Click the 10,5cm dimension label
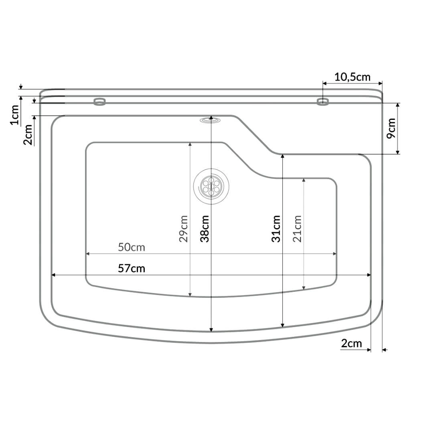tap(352, 77)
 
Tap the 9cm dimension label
tap(391, 128)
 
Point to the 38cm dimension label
tap(204, 229)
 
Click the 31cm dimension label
tap(276, 229)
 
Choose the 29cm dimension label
tap(183, 229)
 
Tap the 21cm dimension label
tap(297, 229)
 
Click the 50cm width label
tap(132, 247)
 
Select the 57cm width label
tap(132, 269)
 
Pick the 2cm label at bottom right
tap(352, 343)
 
